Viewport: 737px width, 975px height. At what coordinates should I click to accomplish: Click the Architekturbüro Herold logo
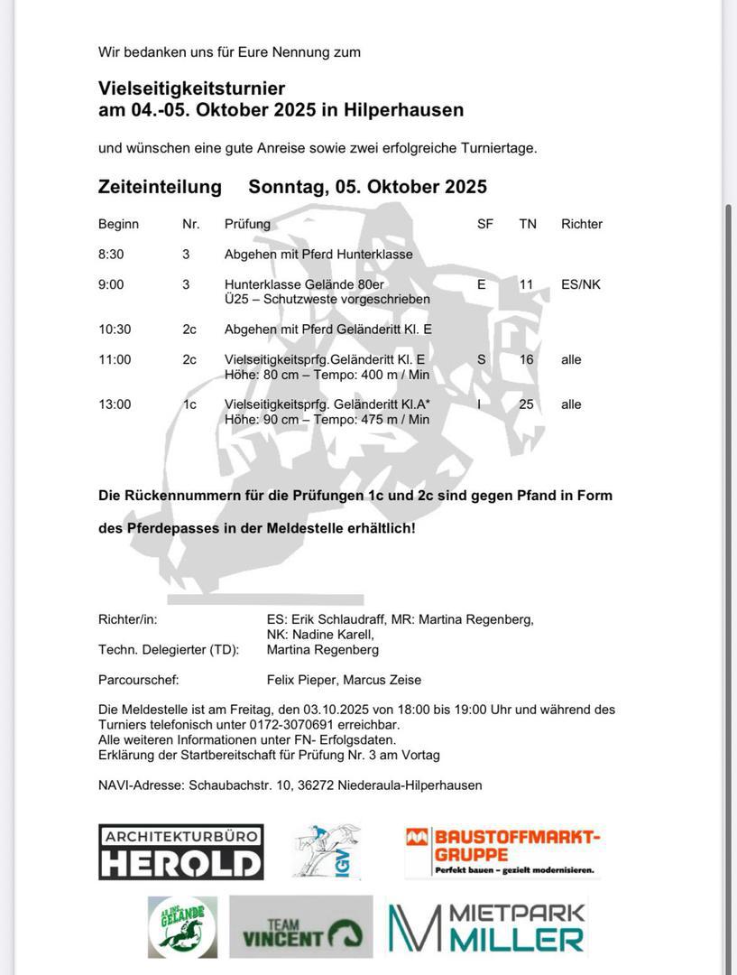pos(180,851)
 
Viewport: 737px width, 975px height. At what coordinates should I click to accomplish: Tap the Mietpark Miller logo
pos(487,927)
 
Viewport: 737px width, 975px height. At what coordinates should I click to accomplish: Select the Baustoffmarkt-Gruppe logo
pos(502,851)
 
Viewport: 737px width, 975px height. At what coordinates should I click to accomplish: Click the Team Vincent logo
pos(300,927)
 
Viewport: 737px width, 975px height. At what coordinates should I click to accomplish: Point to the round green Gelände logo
pos(182,927)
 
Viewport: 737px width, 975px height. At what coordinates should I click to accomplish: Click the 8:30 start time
pos(111,255)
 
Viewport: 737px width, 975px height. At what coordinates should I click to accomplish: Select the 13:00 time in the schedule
pos(115,404)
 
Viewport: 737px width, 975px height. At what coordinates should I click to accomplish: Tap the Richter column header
pos(581,224)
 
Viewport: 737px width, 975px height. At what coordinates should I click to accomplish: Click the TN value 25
pos(526,404)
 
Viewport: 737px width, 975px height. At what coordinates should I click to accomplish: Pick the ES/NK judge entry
pos(580,284)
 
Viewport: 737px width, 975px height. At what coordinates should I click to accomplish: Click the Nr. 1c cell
pos(189,404)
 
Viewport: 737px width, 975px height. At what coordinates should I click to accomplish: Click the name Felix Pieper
pos(300,680)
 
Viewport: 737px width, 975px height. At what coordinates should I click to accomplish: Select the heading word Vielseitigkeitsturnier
pos(191,88)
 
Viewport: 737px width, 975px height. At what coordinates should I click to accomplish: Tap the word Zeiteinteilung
pos(160,187)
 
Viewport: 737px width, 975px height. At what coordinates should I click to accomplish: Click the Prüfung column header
pos(247,224)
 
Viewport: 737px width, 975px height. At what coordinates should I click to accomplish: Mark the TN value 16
pos(526,359)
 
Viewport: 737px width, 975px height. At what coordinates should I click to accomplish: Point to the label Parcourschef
pos(138,680)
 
